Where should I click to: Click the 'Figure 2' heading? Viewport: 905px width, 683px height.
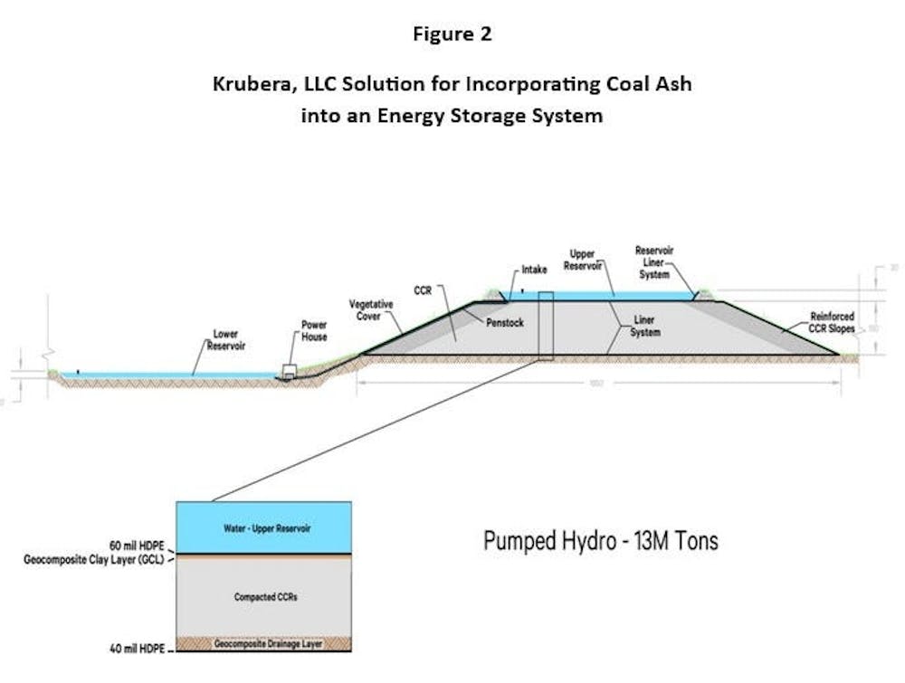(x=452, y=34)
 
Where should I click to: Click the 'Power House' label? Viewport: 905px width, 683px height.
(x=314, y=330)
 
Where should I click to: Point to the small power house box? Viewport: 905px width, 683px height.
(x=291, y=371)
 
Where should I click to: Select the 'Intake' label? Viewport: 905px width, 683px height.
(x=534, y=270)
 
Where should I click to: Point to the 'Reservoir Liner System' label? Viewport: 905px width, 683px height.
(x=654, y=261)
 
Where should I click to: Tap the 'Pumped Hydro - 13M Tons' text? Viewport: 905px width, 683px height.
(x=601, y=541)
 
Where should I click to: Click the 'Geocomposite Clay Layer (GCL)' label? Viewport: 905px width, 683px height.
(x=90, y=560)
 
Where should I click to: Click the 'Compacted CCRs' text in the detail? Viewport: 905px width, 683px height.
(x=262, y=598)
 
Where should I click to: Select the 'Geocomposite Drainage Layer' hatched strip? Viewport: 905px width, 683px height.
(x=262, y=643)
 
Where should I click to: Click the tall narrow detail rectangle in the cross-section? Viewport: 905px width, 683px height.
(x=544, y=326)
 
